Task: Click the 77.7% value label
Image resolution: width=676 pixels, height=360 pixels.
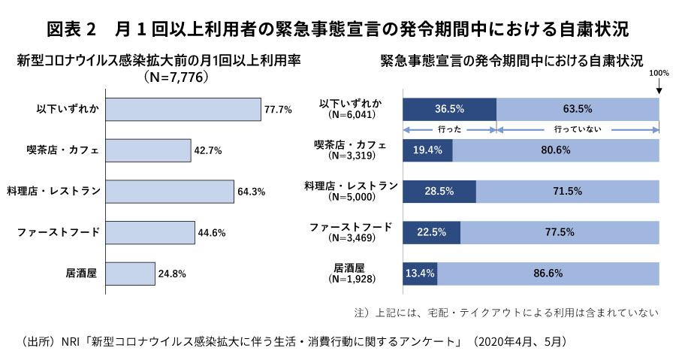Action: pos(278,110)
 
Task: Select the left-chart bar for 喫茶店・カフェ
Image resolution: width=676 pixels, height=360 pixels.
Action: pos(148,150)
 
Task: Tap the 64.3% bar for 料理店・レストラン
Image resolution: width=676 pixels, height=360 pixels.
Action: pos(170,191)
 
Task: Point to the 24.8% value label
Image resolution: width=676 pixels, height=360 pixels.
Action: pos(171,273)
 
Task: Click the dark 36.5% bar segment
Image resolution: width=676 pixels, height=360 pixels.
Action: pos(450,109)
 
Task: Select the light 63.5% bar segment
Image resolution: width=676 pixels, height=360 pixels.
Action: pos(578,109)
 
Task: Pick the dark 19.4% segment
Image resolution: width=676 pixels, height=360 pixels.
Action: pos(428,150)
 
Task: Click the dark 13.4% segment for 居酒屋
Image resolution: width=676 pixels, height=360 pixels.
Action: pos(420,273)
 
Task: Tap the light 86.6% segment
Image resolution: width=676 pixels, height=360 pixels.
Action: pos(548,273)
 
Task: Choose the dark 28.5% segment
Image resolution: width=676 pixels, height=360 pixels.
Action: pos(439,191)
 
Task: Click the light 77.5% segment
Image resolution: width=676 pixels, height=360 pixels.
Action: pos(560,231)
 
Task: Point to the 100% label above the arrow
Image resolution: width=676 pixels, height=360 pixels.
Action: pos(659,73)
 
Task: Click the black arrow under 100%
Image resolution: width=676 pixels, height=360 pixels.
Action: pos(659,88)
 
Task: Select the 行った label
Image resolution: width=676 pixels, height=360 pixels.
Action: pos(449,129)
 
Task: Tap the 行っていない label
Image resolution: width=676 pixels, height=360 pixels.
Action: pos(577,129)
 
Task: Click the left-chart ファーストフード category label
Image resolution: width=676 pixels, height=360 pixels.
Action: pos(59,231)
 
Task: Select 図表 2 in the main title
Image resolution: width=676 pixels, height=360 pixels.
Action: pos(73,29)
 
